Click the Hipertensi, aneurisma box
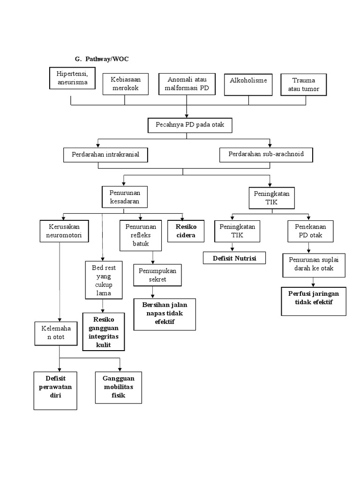(72, 78)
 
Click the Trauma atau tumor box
(303, 84)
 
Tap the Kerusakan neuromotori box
(64, 231)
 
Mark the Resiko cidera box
(186, 231)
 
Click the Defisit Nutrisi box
(234, 258)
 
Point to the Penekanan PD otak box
(310, 231)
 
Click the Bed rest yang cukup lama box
(103, 280)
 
